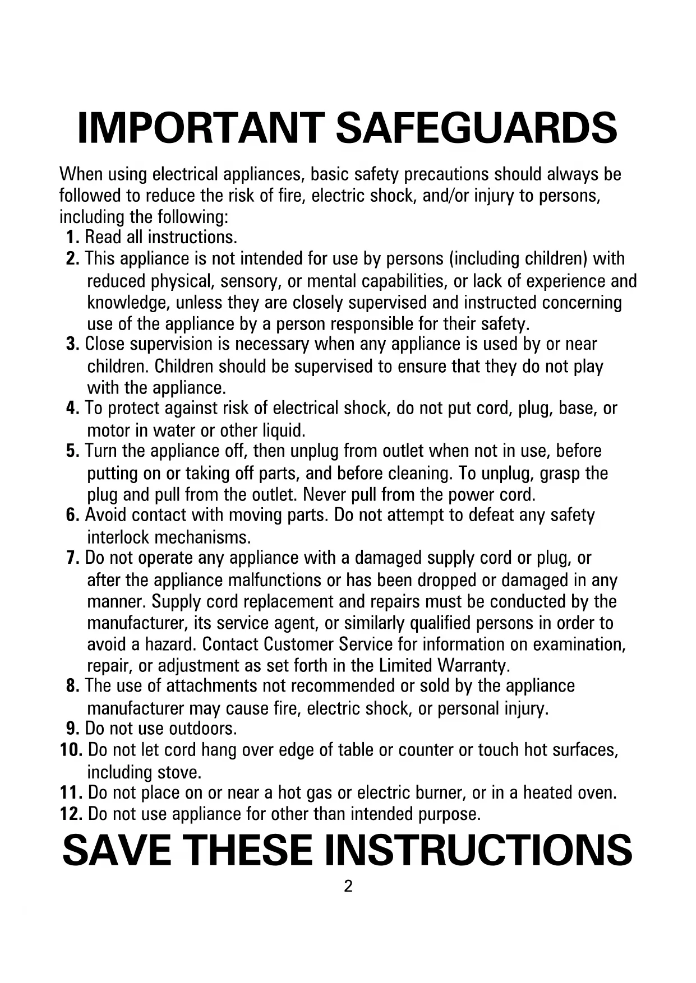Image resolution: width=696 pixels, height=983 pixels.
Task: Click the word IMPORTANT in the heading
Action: click(201, 128)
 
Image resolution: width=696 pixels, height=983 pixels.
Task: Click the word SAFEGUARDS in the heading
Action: click(476, 128)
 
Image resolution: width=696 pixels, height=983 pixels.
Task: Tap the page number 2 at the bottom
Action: click(348, 887)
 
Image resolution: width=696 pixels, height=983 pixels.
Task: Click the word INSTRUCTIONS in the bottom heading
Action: click(478, 850)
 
